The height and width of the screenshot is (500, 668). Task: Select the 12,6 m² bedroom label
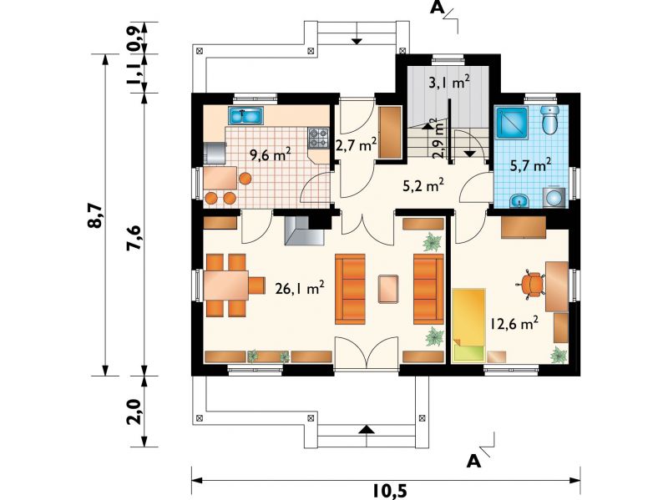coord(514,323)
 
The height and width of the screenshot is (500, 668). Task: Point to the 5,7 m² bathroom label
coord(531,164)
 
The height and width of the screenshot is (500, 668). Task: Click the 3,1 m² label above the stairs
coord(449,82)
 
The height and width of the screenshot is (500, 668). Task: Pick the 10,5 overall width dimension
coord(390,491)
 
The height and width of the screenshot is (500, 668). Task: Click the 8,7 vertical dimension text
coord(95,215)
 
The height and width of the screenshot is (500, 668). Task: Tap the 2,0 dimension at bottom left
coord(134,412)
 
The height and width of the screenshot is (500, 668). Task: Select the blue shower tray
coord(512,122)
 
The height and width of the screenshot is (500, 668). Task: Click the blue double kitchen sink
coord(245,116)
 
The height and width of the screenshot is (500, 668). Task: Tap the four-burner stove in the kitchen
coord(319,138)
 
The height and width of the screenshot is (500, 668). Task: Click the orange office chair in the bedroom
coord(532,284)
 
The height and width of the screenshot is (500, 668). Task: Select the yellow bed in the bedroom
coord(468,326)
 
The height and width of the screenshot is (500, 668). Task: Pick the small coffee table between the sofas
coord(388,289)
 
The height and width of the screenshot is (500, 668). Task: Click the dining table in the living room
coord(225,285)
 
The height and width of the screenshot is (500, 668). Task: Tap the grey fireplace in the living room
coord(304,230)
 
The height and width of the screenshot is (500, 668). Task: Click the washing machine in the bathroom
coord(554,197)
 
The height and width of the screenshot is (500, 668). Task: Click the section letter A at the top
coord(437,8)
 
